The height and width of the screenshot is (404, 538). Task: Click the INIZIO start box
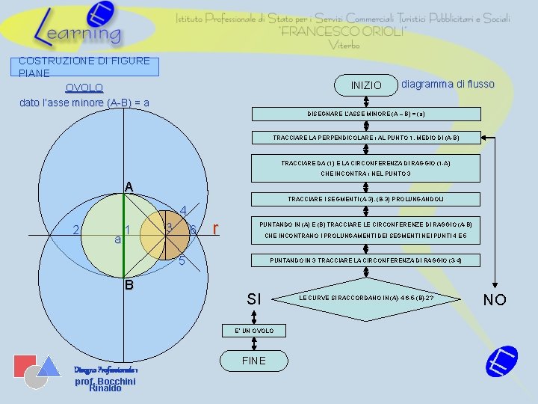[366, 85]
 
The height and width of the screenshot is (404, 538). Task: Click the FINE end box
[253, 361]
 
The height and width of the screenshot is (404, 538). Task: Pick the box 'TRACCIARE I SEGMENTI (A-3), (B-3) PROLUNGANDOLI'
[365, 199]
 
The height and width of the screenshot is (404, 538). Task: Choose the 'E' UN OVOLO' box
[254, 331]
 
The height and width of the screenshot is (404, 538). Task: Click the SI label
[254, 299]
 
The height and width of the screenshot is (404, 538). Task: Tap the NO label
[495, 300]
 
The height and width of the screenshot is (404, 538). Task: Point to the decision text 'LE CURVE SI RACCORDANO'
[366, 298]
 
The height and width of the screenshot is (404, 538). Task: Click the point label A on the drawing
[129, 186]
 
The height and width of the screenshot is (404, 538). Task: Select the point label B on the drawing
[129, 285]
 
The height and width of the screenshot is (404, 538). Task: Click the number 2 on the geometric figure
[76, 229]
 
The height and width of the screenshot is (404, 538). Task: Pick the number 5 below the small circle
[182, 262]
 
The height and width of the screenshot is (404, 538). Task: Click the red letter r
[216, 229]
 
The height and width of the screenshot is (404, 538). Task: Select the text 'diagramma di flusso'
[448, 84]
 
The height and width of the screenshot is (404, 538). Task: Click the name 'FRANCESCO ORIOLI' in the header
[343, 31]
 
